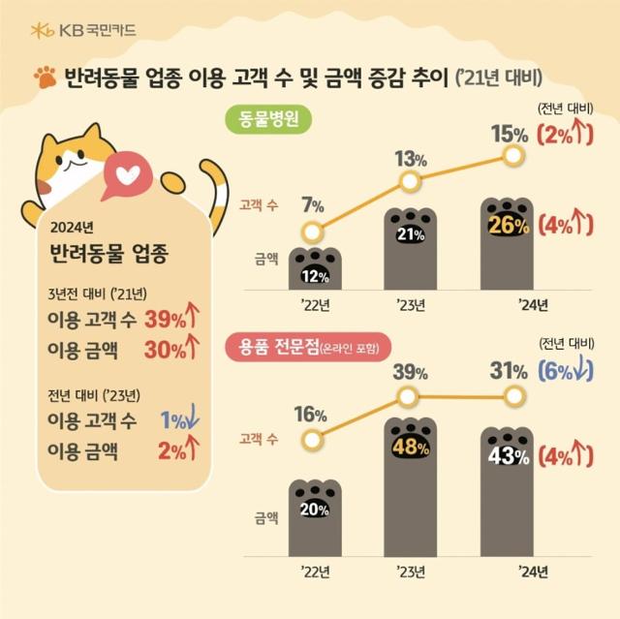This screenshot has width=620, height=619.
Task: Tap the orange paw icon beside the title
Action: [x=44, y=77]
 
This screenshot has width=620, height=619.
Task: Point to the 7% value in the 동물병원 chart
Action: [x=312, y=204]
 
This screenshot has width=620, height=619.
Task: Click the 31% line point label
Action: [x=509, y=369]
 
